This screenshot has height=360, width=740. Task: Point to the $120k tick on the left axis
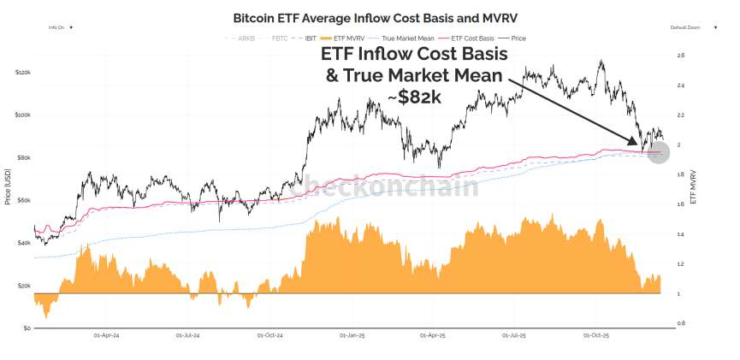[23, 72]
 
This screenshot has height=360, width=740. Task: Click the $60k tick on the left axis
[23, 200]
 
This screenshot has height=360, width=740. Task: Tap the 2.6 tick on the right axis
[680, 55]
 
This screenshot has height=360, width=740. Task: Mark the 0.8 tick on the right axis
[680, 323]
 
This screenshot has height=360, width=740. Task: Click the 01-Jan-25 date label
[352, 335]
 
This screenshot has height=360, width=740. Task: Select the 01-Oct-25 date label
[595, 335]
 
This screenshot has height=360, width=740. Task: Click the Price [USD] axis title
[9, 187]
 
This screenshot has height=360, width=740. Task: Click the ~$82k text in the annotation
[415, 97]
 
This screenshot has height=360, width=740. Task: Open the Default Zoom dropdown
[688, 27]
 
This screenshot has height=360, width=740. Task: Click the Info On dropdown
[60, 27]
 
